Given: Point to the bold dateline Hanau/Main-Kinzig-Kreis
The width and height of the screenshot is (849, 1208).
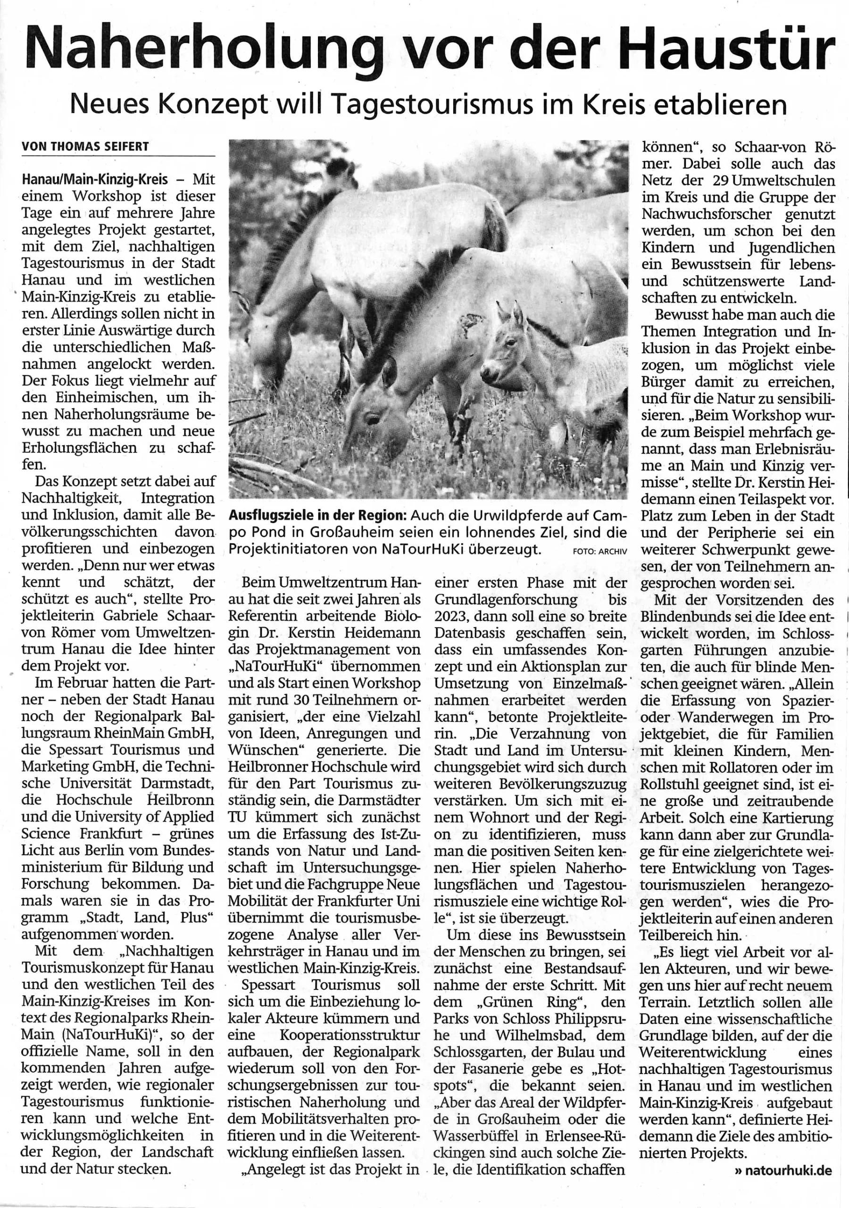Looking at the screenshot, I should coord(95,179).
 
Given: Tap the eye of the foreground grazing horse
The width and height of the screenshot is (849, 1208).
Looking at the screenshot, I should coord(373,419).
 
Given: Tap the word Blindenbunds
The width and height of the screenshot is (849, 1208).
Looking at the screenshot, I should coord(683,616).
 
